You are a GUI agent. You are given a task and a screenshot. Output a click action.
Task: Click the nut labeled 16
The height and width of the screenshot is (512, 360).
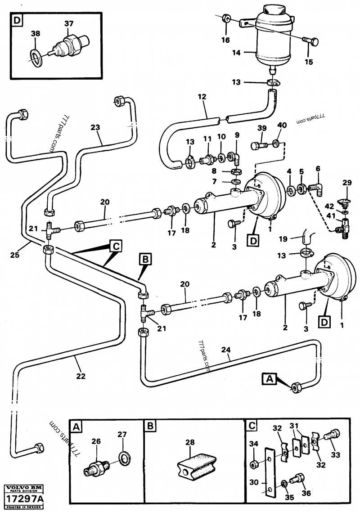[x=227, y=19]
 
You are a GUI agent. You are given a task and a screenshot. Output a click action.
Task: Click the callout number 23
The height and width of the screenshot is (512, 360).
[x=95, y=127]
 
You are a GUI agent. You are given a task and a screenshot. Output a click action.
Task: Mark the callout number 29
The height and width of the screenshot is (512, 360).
[x=346, y=182]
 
